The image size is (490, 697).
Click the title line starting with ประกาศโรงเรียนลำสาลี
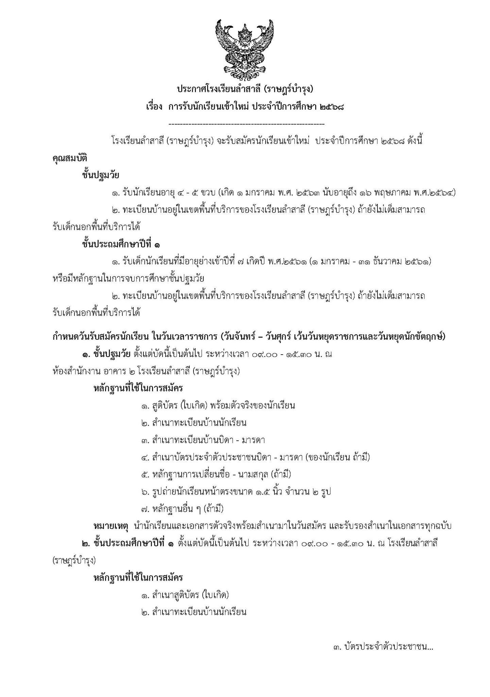coord(244,90)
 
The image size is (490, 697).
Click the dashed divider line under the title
coord(247,124)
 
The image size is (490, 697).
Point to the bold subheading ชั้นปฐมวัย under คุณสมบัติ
coord(100,176)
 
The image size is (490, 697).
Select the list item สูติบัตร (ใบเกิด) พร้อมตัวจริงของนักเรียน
coord(218,406)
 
